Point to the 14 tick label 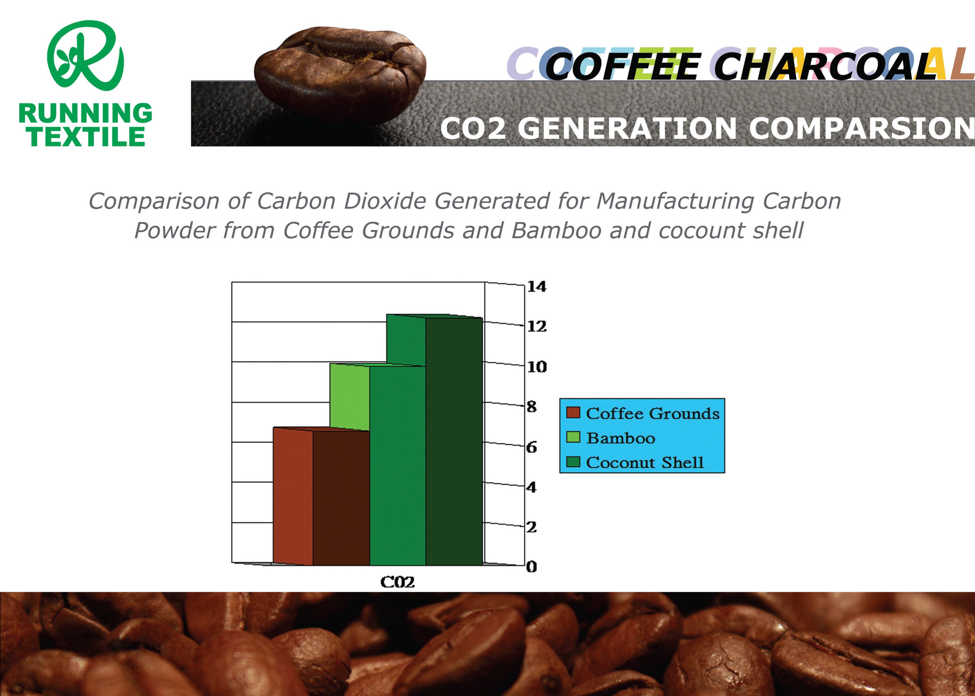pyautogui.click(x=537, y=286)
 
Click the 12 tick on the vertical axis pyautogui.click(x=537, y=327)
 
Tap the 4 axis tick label pyautogui.click(x=531, y=487)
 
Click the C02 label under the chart pyautogui.click(x=397, y=582)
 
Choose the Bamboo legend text pyautogui.click(x=621, y=438)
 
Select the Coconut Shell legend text pyautogui.click(x=645, y=462)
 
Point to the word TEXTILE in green pyautogui.click(x=86, y=136)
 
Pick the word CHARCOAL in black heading pyautogui.click(x=825, y=66)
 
